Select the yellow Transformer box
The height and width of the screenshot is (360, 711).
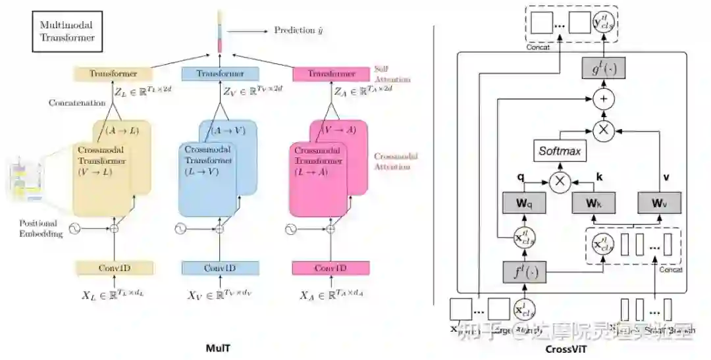pos(113,74)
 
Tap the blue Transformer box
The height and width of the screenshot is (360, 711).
pos(220,74)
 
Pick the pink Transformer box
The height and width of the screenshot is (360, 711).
pos(331,74)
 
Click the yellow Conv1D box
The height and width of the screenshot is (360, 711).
pos(114,268)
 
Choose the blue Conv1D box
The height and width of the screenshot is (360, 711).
pos(220,268)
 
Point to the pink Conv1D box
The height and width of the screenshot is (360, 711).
pos(330,268)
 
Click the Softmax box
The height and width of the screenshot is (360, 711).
pos(560,151)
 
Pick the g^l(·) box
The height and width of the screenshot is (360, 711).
pos(603,67)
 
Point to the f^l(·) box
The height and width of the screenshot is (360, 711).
pos(525,272)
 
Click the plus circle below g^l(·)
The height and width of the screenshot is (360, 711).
pos(602,99)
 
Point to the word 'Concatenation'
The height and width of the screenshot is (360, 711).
pos(76,103)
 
